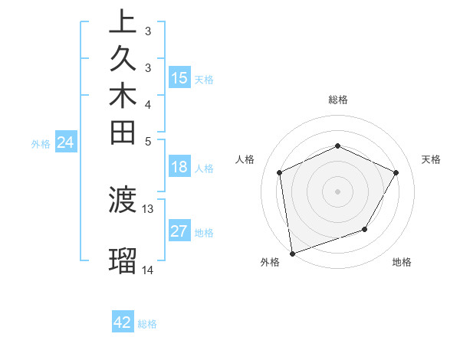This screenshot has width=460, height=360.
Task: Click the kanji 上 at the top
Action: click(122, 22)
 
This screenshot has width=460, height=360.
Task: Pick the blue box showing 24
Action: click(66, 142)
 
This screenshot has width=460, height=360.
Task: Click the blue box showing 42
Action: click(123, 322)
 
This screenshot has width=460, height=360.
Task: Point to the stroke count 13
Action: click(148, 208)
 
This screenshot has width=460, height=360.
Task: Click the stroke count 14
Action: click(148, 270)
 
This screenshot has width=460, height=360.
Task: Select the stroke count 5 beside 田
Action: click(148, 141)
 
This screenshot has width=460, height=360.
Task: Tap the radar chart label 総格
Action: click(338, 100)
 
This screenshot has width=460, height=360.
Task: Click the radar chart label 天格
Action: click(431, 159)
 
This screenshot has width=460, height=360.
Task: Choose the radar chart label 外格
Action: click(270, 262)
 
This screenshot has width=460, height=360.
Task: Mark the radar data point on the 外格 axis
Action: click(292, 254)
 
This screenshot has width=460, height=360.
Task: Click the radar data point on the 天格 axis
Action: click(396, 172)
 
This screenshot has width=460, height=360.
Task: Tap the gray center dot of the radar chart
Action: click(338, 191)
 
